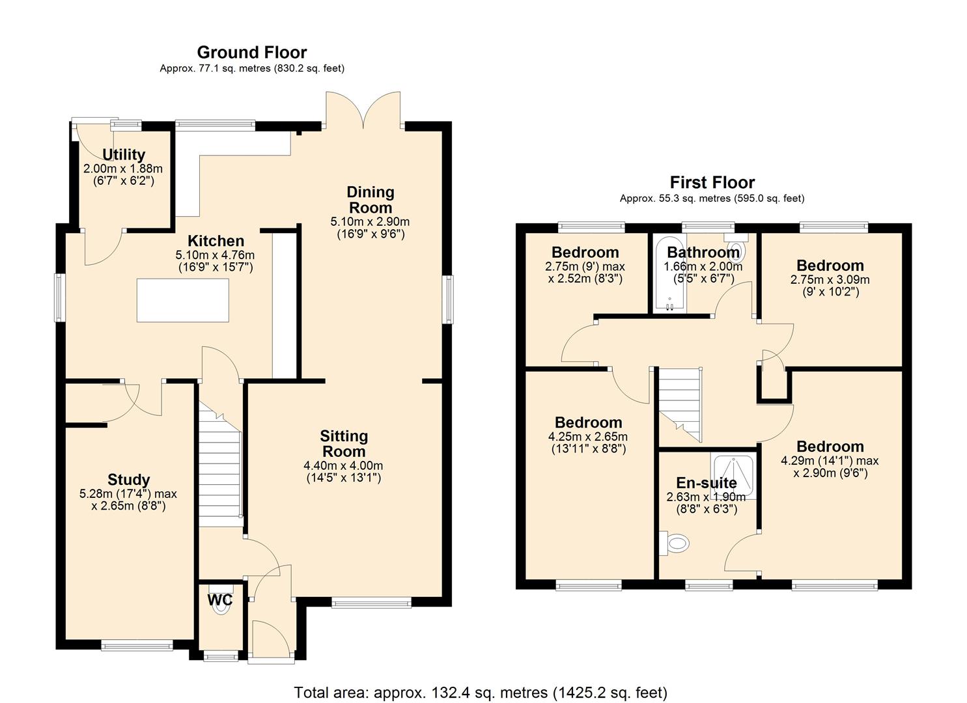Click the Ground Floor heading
(x=251, y=52)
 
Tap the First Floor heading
(x=712, y=182)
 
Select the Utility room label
(x=124, y=155)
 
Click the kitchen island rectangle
(x=182, y=299)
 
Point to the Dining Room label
(x=370, y=200)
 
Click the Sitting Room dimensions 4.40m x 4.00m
(x=343, y=466)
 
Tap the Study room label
(x=128, y=480)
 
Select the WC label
(x=219, y=600)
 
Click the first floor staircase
(x=680, y=404)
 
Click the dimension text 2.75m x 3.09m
(x=830, y=280)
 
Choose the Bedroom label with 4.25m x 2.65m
(x=588, y=422)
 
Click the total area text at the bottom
(x=481, y=693)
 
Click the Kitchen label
(x=216, y=241)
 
